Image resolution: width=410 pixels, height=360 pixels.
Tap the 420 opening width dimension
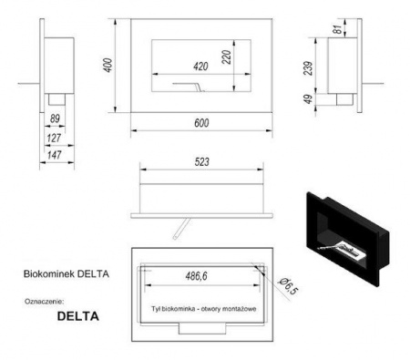click(200, 66)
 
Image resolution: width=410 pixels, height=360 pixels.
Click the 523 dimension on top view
click(202, 162)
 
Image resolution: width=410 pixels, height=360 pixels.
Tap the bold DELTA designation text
click(77, 318)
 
